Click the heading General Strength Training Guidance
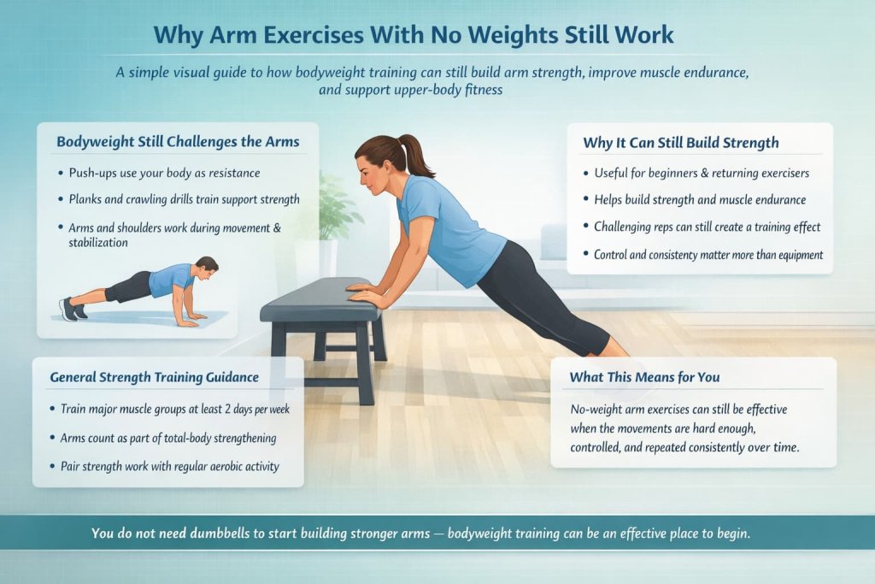pos(154,376)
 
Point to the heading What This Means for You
pos(644,376)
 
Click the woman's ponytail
pos(416,154)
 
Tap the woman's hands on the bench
pos(362,293)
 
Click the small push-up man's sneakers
pos(71,309)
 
